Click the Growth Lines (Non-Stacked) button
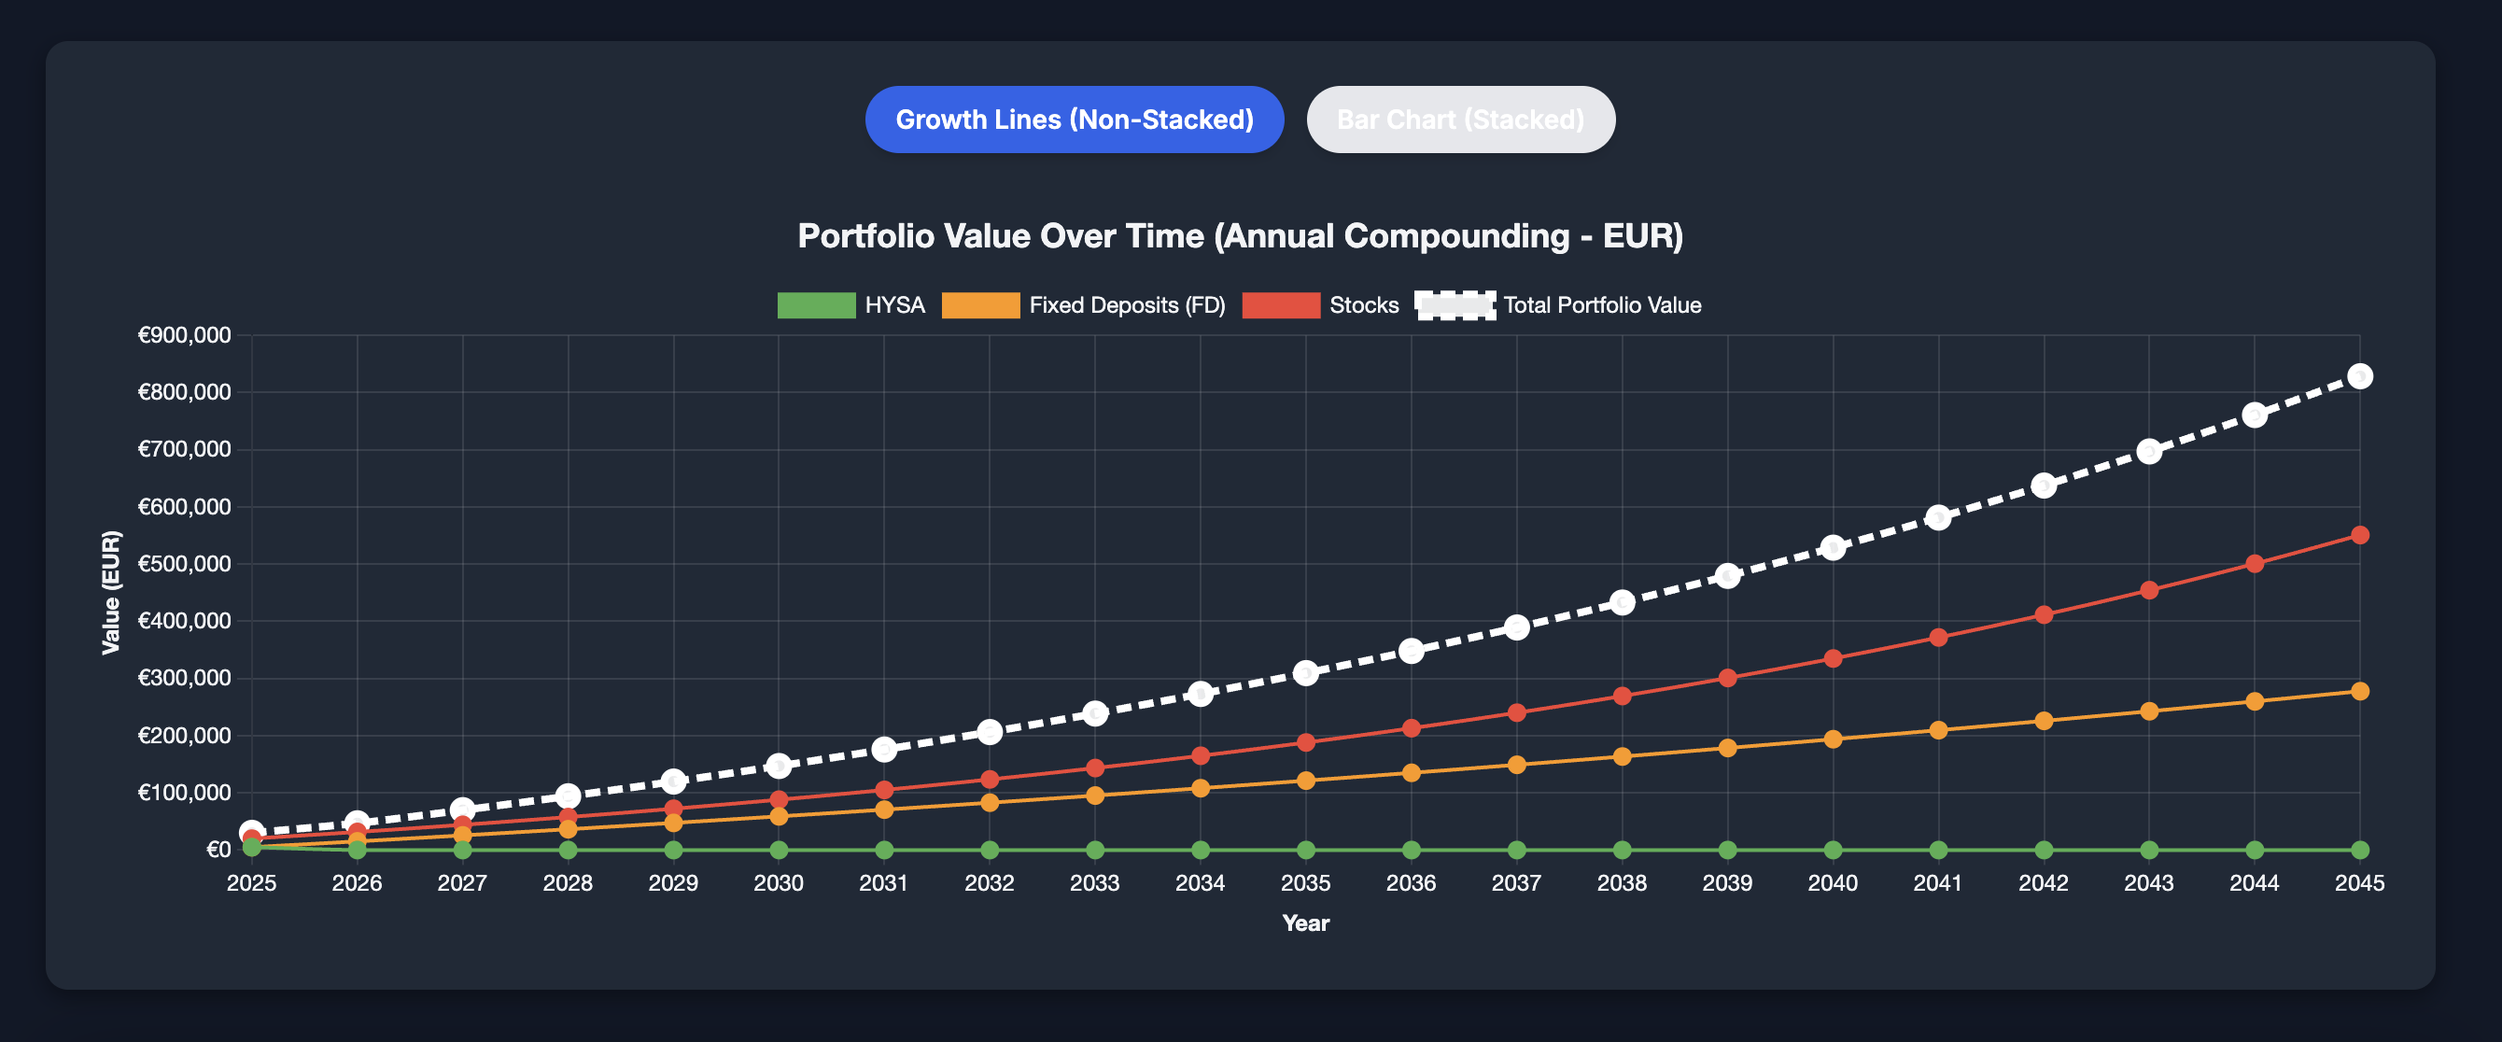pyautogui.click(x=1075, y=120)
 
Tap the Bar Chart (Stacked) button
pyautogui.click(x=1460, y=120)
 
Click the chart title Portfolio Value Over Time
pyautogui.click(x=1241, y=236)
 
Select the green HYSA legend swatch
pyautogui.click(x=816, y=305)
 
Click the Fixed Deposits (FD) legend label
pyautogui.click(x=1127, y=305)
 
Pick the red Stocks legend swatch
pyautogui.click(x=1280, y=305)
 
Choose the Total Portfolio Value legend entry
pyautogui.click(x=1602, y=305)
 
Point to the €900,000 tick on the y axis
pyautogui.click(x=185, y=335)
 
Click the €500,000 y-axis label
pyautogui.click(x=185, y=564)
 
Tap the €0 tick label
pyautogui.click(x=218, y=850)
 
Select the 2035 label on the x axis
pyautogui.click(x=1305, y=882)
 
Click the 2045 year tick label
pyautogui.click(x=2359, y=882)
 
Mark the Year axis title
pyautogui.click(x=1305, y=922)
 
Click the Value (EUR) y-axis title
pyautogui.click(x=112, y=592)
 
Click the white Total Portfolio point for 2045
pyautogui.click(x=2359, y=376)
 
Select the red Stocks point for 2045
pyautogui.click(x=2359, y=535)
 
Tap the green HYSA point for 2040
pyautogui.click(x=1833, y=850)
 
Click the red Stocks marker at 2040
pyautogui.click(x=1833, y=658)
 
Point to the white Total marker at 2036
pyautogui.click(x=1412, y=651)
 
